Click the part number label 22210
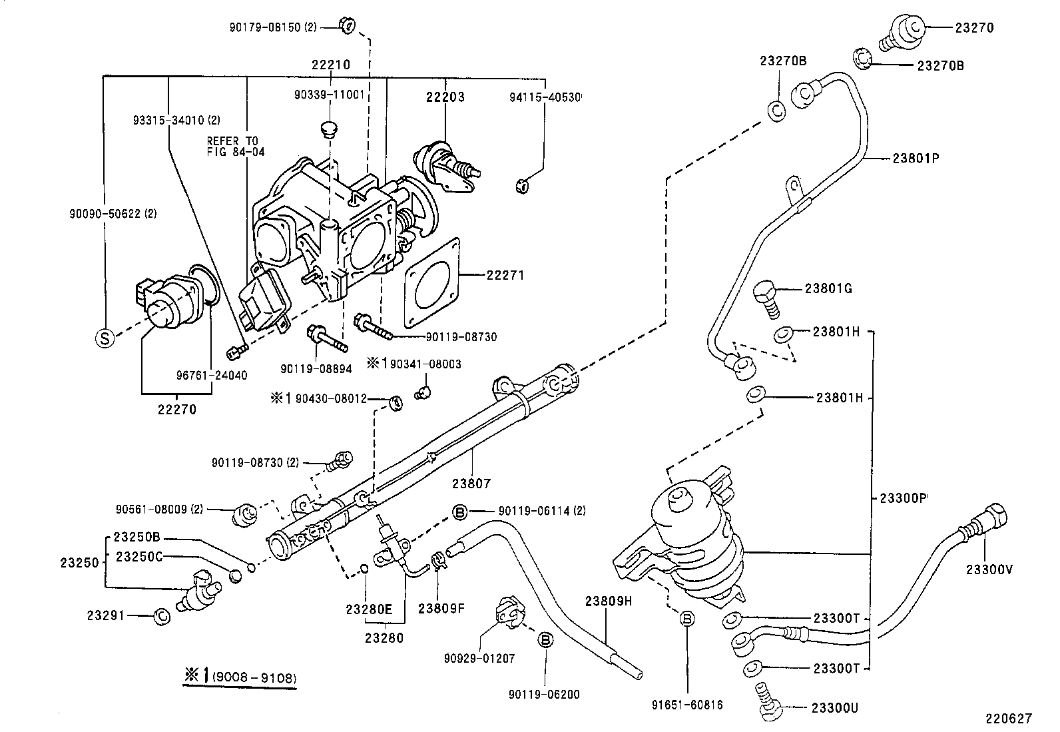point(331,65)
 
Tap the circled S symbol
point(105,338)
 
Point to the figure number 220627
point(1009,718)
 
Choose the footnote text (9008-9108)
point(254,679)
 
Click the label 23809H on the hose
point(608,600)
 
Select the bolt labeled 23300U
point(767,701)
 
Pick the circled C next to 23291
point(161,617)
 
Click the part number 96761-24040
point(211,375)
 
